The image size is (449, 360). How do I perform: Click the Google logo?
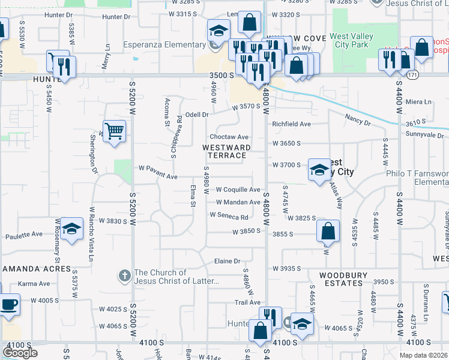[20, 353]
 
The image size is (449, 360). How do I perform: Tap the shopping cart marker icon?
[114, 130]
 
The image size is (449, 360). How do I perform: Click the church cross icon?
[124, 277]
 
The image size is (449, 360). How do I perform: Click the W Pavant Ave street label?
[158, 176]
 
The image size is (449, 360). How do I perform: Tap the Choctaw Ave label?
[229, 137]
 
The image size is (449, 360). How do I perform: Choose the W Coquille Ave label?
[238, 189]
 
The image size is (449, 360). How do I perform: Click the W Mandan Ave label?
[238, 203]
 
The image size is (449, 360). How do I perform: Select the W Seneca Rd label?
[229, 217]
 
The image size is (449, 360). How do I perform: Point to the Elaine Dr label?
[228, 262]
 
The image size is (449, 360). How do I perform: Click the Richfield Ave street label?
[291, 124]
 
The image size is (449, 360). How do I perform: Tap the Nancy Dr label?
[358, 121]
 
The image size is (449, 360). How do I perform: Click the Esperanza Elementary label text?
[164, 45]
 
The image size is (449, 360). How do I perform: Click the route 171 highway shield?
[412, 75]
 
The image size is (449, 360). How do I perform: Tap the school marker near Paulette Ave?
[72, 229]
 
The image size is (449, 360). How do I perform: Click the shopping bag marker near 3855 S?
[328, 231]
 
